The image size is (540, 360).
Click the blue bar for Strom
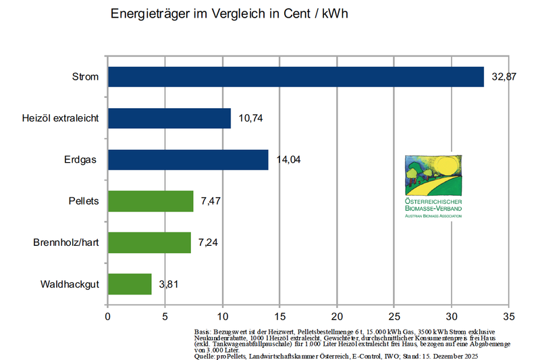pyautogui.click(x=296, y=77)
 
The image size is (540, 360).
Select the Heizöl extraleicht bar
pyautogui.click(x=169, y=118)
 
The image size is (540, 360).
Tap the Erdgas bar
pyautogui.click(x=188, y=160)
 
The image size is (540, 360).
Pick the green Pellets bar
pyautogui.click(x=151, y=201)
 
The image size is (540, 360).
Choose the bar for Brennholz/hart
pyautogui.click(x=149, y=242)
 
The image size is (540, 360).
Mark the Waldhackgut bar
pyautogui.click(x=130, y=284)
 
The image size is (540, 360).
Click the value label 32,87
pyautogui.click(x=504, y=77)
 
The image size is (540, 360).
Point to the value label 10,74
pyautogui.click(x=250, y=118)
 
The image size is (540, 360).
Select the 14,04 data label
pyautogui.click(x=288, y=160)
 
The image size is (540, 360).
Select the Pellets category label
pyautogui.click(x=84, y=201)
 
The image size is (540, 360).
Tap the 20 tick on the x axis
pyautogui.click(x=337, y=315)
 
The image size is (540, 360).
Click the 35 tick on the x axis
pyautogui.click(x=509, y=315)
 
